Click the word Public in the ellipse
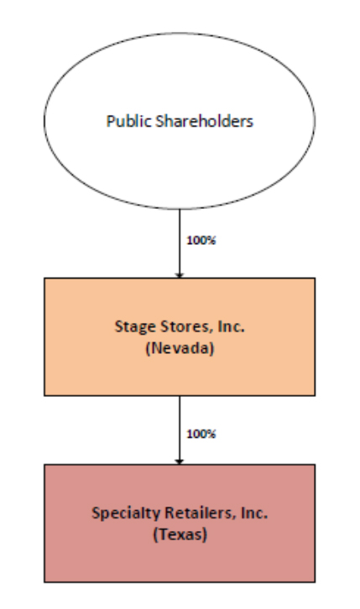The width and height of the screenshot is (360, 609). click(128, 121)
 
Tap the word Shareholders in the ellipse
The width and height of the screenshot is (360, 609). click(204, 121)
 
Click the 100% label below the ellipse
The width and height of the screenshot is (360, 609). click(201, 240)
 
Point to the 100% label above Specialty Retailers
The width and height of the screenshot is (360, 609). click(201, 434)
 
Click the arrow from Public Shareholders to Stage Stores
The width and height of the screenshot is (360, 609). click(180, 243)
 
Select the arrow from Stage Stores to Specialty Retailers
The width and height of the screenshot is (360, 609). click(180, 430)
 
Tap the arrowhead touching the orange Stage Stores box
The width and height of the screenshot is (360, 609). click(180, 275)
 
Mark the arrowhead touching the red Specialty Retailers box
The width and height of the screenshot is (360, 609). click(180, 461)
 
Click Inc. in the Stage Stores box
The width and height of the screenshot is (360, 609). click(232, 326)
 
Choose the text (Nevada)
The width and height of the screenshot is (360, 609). click(180, 347)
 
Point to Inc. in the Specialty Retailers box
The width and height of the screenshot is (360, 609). click(254, 513)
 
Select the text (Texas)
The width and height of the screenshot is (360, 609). click(180, 534)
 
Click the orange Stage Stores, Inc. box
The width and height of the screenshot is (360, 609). click(180, 336)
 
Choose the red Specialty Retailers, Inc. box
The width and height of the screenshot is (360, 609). click(180, 523)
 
